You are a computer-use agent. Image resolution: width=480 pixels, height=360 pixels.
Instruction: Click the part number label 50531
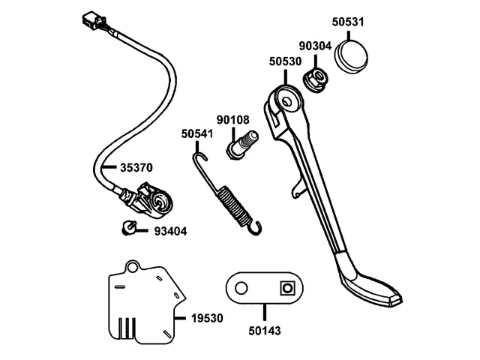347,22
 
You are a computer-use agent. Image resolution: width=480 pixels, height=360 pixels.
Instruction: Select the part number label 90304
316,46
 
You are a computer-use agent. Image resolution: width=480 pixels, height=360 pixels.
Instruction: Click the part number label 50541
196,134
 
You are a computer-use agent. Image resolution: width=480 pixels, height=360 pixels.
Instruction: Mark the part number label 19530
207,318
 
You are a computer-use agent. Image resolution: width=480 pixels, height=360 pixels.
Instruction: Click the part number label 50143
265,329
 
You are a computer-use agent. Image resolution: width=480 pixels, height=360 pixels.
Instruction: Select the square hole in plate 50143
286,288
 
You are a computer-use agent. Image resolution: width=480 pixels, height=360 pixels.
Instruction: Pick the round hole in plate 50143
240,288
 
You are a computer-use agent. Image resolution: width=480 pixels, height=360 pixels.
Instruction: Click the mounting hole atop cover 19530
133,265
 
